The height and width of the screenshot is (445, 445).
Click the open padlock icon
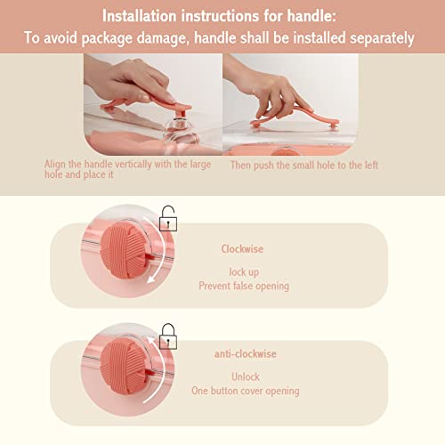tap(168, 219)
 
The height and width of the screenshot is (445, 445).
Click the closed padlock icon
tap(168, 336)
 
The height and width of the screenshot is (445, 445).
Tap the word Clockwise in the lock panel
tap(242, 248)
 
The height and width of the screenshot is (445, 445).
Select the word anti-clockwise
tap(246, 353)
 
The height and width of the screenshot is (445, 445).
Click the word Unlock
tap(246, 376)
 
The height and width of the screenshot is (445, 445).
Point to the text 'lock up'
tap(244, 272)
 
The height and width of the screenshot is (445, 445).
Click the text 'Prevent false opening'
tap(244, 286)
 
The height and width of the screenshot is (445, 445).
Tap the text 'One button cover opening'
tap(246, 391)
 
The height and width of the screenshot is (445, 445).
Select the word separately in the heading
tap(382, 38)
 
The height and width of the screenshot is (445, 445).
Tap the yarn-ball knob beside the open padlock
tap(124, 251)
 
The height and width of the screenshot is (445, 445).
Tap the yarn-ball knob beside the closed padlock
tap(124, 368)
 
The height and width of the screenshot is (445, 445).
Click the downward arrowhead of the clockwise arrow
tap(151, 279)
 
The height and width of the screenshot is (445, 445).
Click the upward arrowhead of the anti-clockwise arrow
tap(151, 340)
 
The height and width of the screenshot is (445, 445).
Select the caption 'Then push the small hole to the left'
tap(304, 166)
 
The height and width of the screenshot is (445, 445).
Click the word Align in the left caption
tap(55, 164)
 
